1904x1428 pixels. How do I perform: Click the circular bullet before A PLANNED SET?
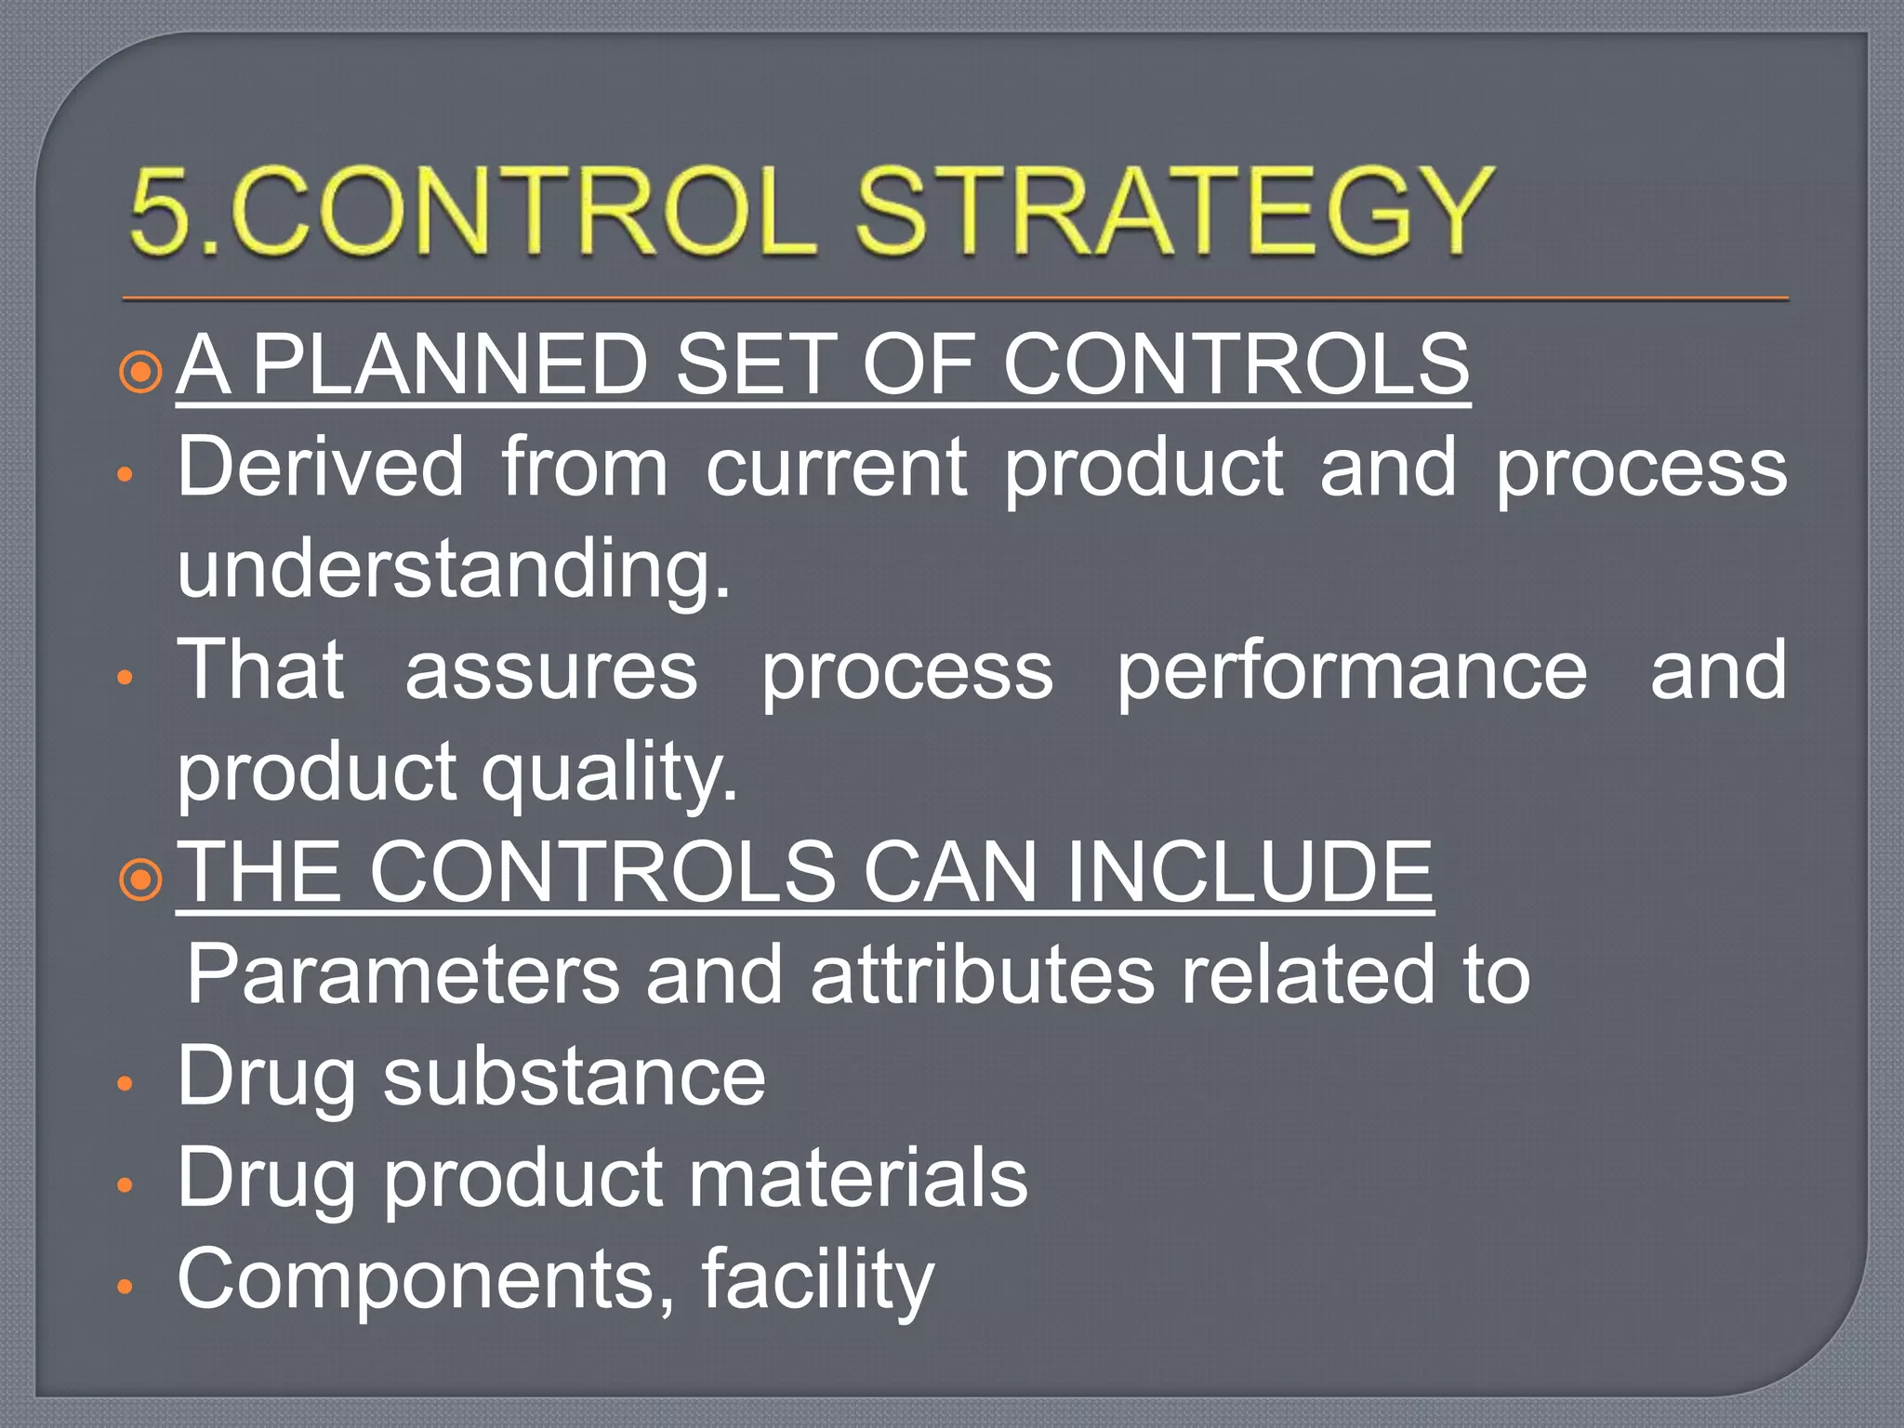coord(141,372)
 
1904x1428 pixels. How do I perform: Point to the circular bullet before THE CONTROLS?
coord(141,879)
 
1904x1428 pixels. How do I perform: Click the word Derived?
coord(320,467)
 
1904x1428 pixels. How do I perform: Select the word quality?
coord(610,772)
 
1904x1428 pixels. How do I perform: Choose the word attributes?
coord(982,974)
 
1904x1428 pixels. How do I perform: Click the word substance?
coord(575,1076)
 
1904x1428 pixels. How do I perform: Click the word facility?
coord(816,1279)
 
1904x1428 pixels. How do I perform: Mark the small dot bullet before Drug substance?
coord(126,1083)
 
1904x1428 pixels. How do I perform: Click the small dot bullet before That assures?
coord(126,678)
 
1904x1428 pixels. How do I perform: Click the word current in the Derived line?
coord(836,467)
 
